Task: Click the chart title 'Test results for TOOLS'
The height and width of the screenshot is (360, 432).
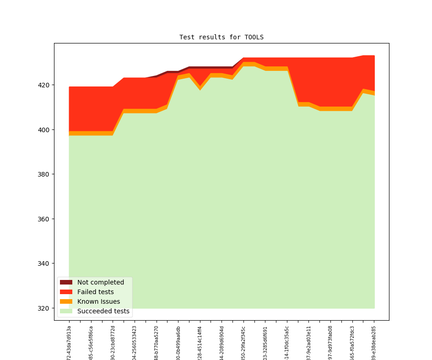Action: click(x=221, y=37)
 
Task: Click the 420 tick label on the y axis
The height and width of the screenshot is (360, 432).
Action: click(x=43, y=85)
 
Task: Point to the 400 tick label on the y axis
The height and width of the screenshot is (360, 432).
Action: click(x=43, y=130)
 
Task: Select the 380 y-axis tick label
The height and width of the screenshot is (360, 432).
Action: click(x=43, y=174)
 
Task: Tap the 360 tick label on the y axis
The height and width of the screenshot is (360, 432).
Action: click(x=43, y=219)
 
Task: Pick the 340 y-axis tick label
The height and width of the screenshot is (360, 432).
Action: click(x=43, y=263)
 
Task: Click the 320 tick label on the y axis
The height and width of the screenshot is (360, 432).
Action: click(x=43, y=308)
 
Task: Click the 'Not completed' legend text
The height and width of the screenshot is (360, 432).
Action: click(x=101, y=282)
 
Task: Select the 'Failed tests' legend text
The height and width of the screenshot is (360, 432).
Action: click(x=96, y=292)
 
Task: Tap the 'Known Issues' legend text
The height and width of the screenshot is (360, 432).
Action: click(x=98, y=301)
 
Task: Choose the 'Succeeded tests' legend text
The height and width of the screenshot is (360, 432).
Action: click(x=103, y=311)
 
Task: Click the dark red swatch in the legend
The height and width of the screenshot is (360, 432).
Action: click(x=66, y=282)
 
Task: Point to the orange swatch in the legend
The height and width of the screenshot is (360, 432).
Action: click(x=66, y=301)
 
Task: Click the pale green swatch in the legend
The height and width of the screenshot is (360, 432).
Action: click(x=66, y=311)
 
